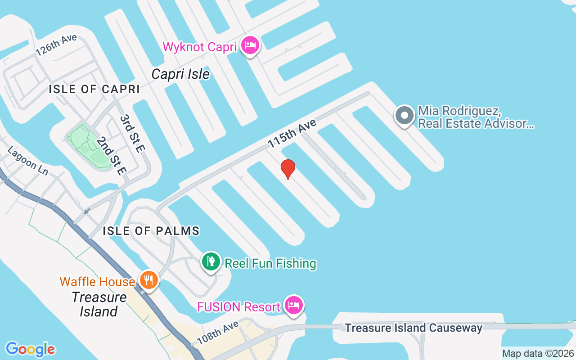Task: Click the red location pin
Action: tap(288, 169)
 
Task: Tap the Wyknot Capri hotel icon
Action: tap(250, 45)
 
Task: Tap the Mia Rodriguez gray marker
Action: tap(404, 116)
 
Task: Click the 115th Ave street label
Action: tap(292, 133)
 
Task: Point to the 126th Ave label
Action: tap(56, 45)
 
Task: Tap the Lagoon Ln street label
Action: tap(28, 161)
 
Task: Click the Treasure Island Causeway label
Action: tap(414, 328)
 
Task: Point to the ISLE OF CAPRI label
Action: tap(94, 89)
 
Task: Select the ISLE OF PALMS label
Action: tap(151, 231)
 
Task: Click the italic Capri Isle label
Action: tap(180, 74)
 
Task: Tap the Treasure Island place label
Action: tap(99, 304)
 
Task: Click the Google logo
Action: tap(30, 349)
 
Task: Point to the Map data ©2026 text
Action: tap(538, 354)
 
